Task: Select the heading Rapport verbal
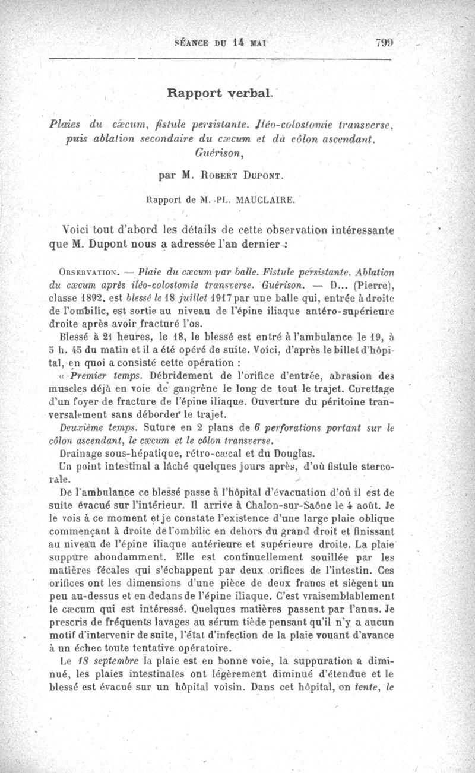(219, 93)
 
